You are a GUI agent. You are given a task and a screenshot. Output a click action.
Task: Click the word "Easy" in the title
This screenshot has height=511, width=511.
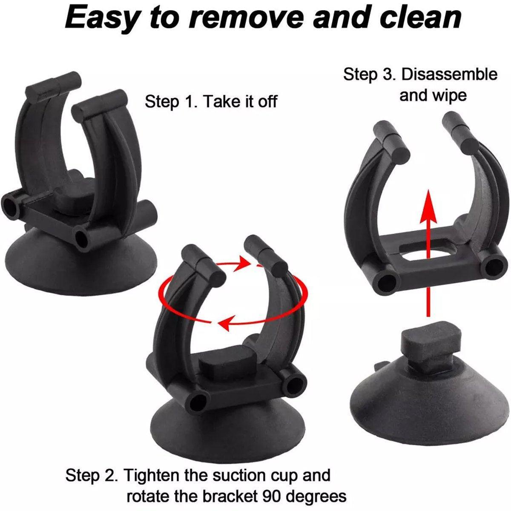point(100,18)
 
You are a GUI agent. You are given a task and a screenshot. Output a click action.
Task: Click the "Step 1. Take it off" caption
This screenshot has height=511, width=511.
point(211,102)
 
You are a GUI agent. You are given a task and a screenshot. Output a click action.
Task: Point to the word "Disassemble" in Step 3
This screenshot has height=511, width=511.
point(449,75)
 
